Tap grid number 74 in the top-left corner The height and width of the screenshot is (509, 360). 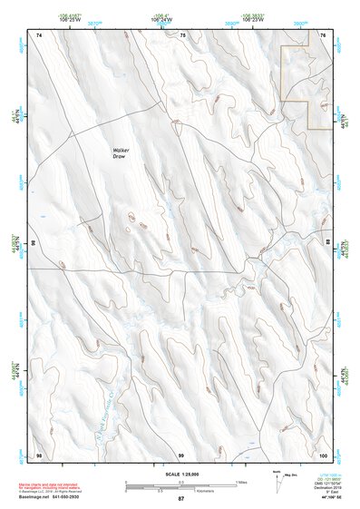pyautogui.click(x=39, y=34)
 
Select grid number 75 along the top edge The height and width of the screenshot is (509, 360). pyautogui.click(x=182, y=34)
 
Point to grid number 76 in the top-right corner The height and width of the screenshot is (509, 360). pyautogui.click(x=324, y=34)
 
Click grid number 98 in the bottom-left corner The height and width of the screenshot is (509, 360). pyautogui.click(x=39, y=454)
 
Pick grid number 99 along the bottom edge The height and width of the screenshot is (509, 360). pyautogui.click(x=181, y=454)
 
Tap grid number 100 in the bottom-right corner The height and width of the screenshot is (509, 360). pyautogui.click(x=323, y=454)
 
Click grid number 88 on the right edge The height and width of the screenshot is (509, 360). pyautogui.click(x=327, y=243)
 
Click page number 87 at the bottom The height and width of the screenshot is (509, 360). pyautogui.click(x=180, y=499)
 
